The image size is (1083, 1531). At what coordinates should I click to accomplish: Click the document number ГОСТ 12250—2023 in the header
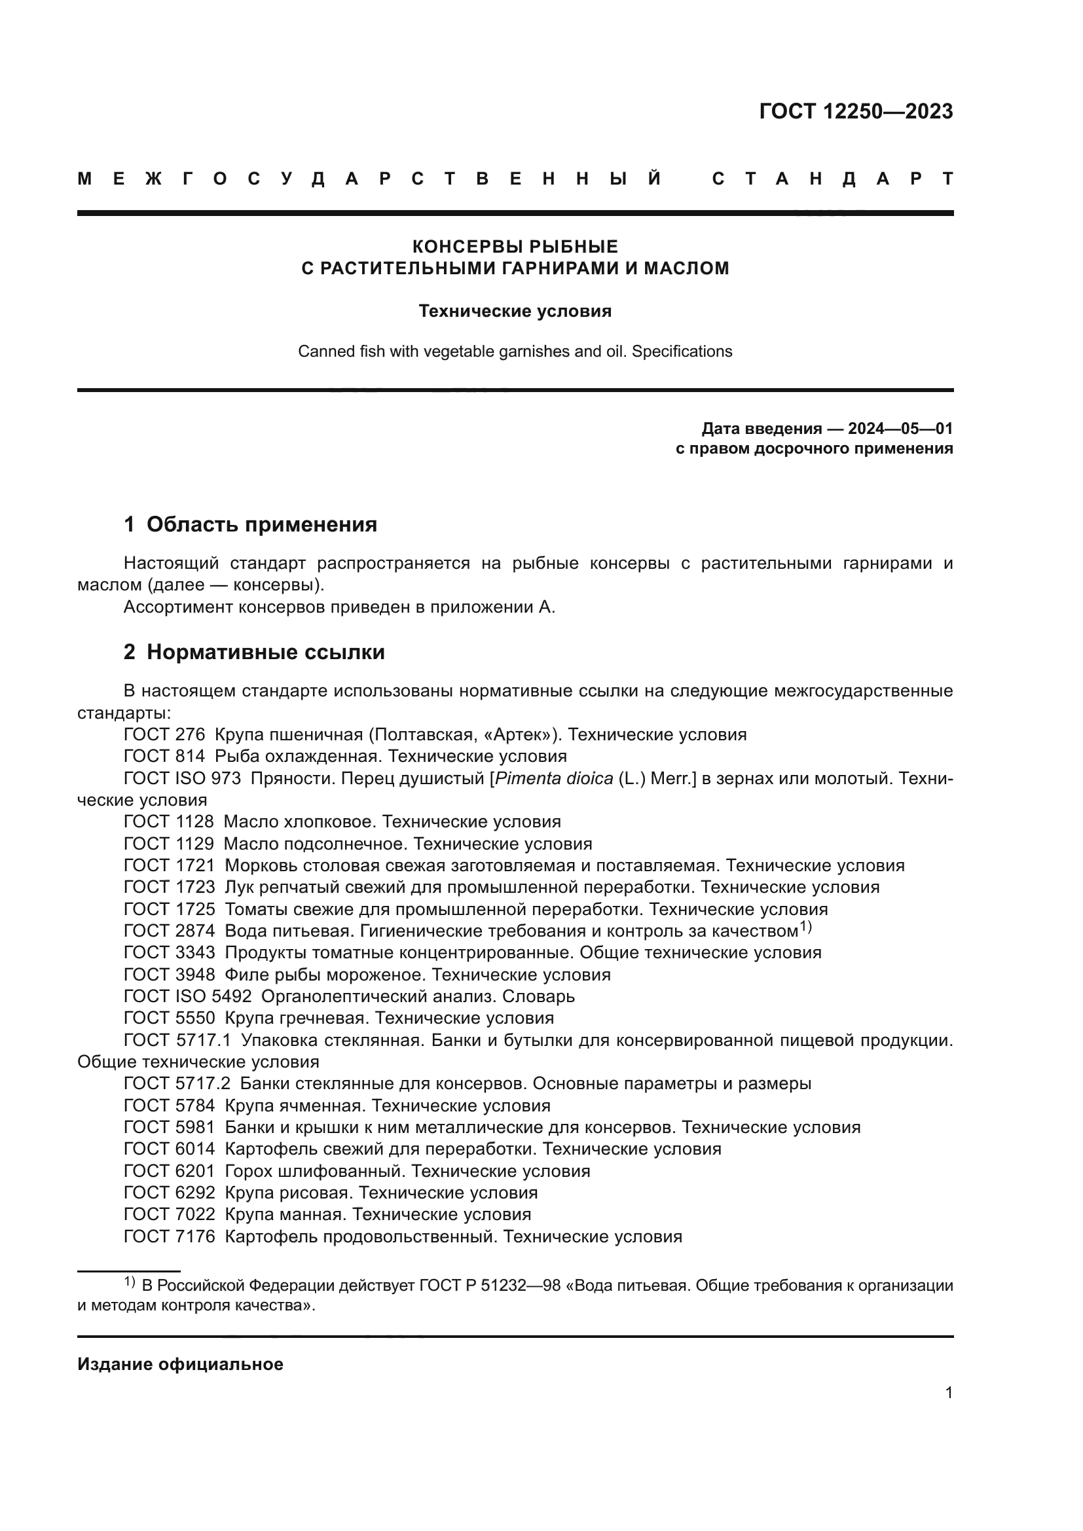(856, 111)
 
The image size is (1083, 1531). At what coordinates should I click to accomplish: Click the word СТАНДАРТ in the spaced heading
(832, 179)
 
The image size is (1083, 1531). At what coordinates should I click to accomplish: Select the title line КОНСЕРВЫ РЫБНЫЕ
(515, 247)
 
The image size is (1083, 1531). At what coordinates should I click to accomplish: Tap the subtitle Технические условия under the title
(515, 312)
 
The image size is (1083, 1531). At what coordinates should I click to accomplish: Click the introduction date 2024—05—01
(900, 428)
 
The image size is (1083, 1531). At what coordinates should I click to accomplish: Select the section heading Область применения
(261, 524)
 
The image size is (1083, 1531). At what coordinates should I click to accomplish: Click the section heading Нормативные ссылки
(265, 651)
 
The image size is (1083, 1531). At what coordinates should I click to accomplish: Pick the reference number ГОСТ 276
(164, 735)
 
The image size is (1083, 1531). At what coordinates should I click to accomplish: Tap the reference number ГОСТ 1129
(169, 844)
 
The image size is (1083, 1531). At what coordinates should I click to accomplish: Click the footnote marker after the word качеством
(805, 926)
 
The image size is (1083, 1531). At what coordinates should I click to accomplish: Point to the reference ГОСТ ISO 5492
(187, 996)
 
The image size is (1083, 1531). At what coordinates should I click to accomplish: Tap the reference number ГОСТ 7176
(170, 1236)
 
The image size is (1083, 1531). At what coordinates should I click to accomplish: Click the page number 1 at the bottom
(948, 1392)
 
